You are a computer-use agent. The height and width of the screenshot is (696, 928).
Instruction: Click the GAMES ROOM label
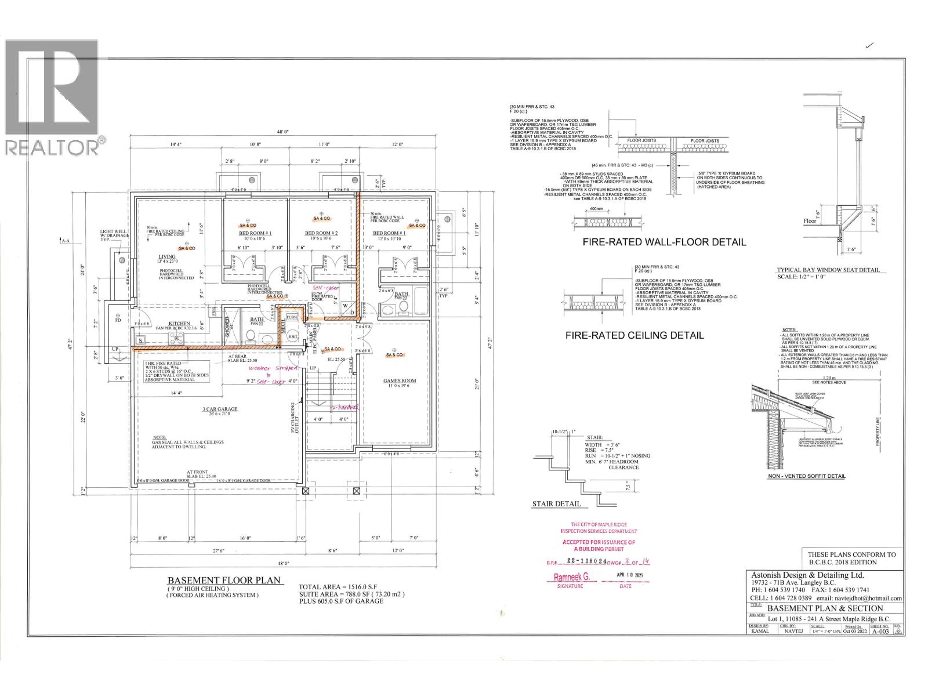400,381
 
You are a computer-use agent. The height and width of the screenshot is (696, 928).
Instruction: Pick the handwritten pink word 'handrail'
345,407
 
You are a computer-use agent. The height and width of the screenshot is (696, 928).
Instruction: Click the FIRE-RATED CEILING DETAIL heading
635,335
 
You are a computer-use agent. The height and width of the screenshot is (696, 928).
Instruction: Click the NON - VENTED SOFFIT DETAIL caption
806,476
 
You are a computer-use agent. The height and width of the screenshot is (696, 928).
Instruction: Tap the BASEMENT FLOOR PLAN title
224,580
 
